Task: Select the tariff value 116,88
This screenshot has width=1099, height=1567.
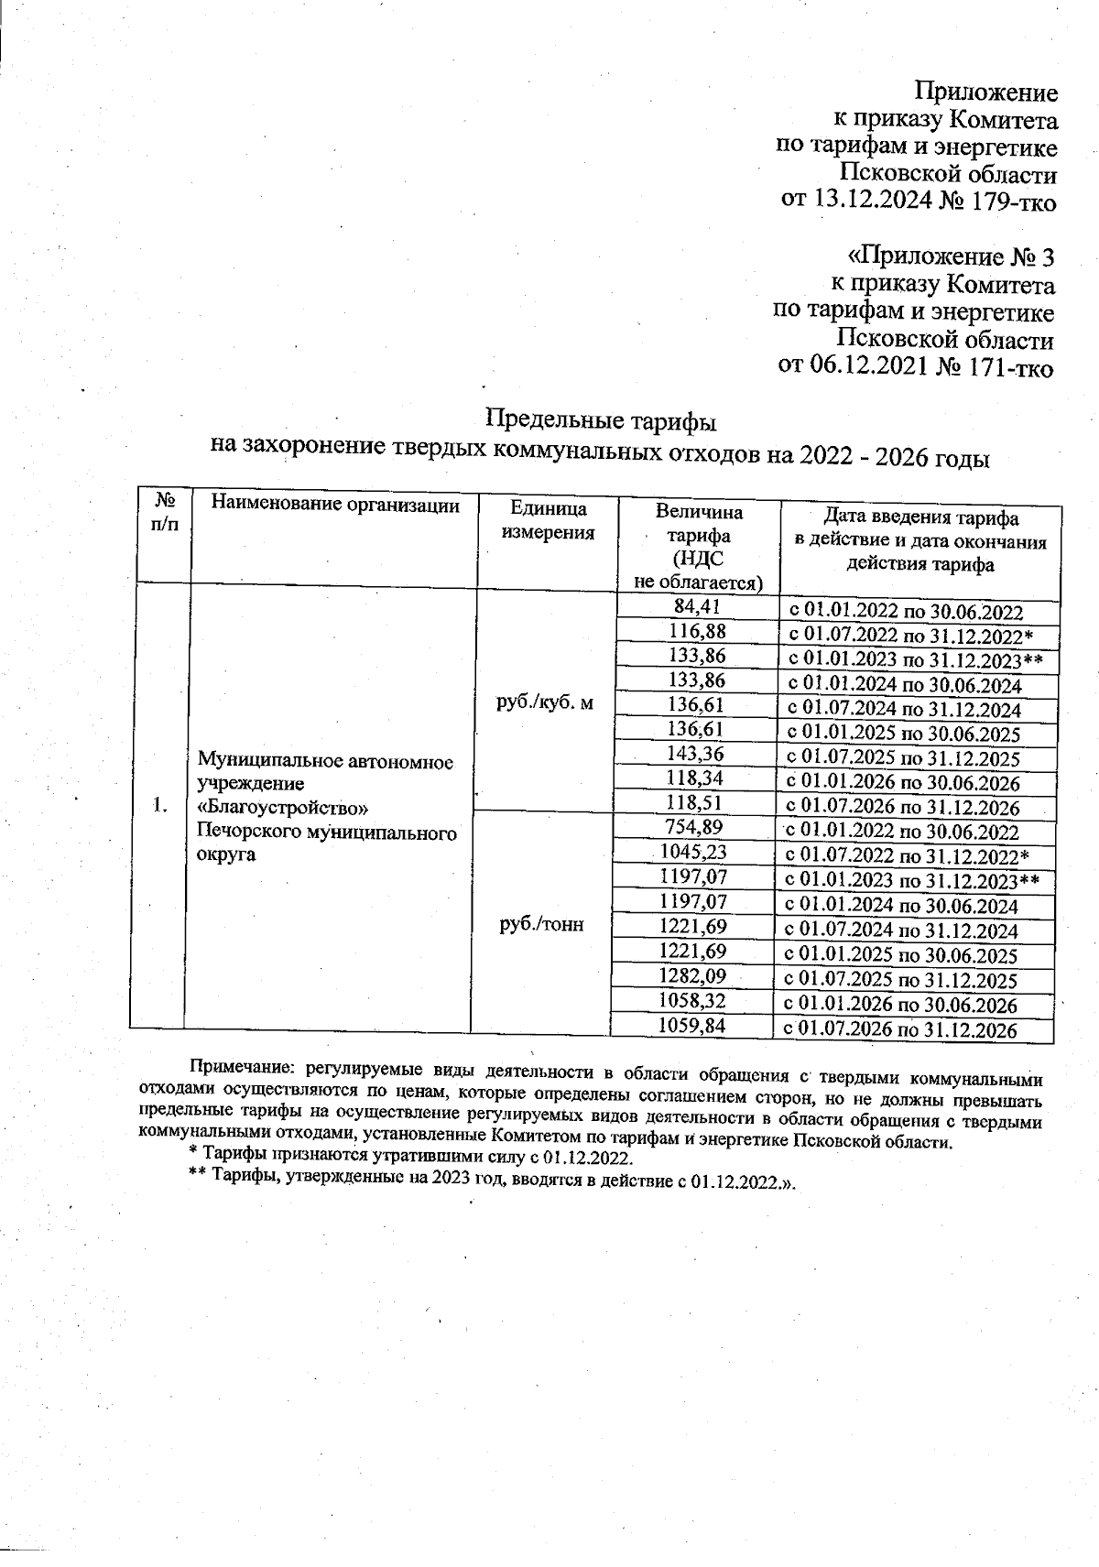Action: pos(696,631)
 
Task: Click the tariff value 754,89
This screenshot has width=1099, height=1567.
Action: pos(694,828)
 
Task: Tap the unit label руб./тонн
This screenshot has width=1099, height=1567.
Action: pos(541,925)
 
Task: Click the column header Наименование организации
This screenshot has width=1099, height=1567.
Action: pos(334,505)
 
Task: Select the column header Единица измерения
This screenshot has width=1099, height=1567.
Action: pos(548,521)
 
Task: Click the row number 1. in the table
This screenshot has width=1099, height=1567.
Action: pos(160,806)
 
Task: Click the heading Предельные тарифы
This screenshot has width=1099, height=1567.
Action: pos(599,422)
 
